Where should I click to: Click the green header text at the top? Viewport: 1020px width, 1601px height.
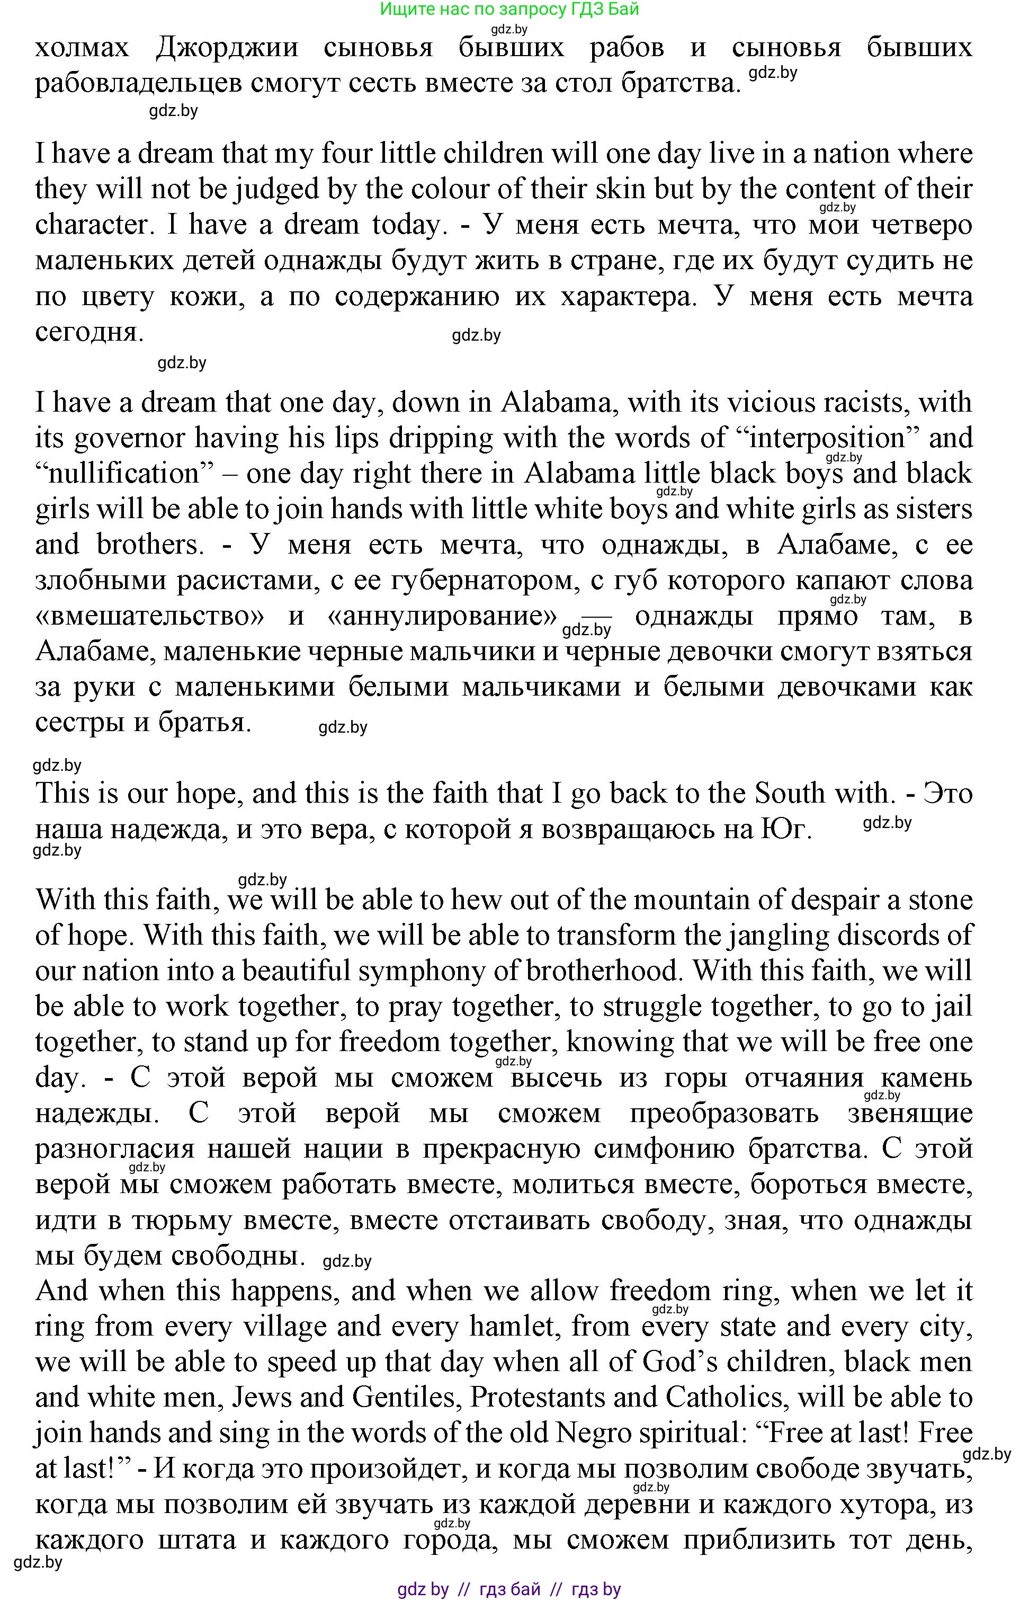click(x=509, y=10)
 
